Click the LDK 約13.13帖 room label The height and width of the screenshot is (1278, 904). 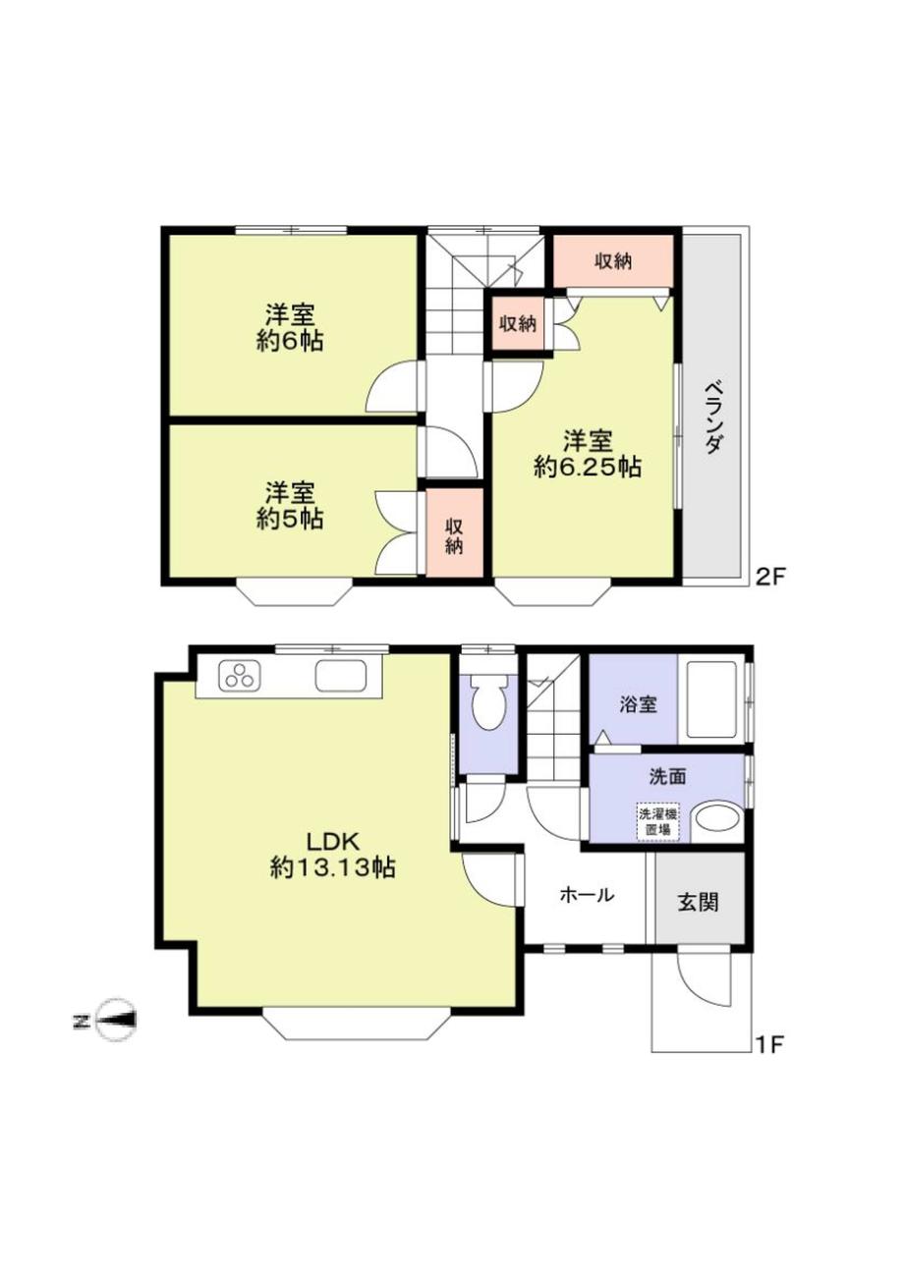333,855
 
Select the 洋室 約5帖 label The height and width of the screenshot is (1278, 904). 290,506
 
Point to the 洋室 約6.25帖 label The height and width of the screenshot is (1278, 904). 588,454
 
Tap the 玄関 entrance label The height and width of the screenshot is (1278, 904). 698,903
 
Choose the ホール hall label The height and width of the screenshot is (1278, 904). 587,895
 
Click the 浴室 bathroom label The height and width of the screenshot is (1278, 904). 639,705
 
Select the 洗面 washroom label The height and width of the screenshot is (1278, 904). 668,776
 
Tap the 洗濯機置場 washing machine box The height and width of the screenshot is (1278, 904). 659,822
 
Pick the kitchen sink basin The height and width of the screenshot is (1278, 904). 341,676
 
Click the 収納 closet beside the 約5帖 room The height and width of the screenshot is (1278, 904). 454,532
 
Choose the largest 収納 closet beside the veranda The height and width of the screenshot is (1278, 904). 613,261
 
